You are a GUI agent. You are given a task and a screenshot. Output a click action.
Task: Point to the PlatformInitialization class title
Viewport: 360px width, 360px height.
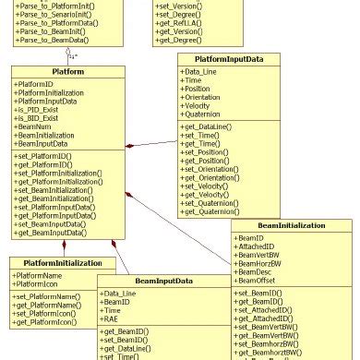pos(62,261)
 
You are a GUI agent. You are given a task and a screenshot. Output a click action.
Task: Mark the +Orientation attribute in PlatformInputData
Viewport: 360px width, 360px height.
pos(210,97)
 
